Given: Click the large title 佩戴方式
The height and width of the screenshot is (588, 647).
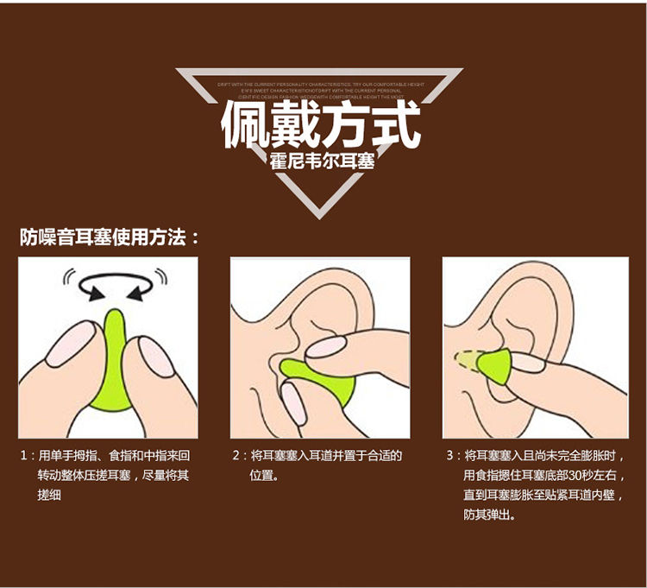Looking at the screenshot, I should [321, 126].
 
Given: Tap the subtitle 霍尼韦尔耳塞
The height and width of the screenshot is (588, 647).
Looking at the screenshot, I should [322, 161].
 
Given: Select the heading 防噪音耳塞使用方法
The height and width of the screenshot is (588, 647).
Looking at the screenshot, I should [108, 236].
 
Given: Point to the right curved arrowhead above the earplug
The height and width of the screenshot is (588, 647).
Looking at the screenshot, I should [138, 296].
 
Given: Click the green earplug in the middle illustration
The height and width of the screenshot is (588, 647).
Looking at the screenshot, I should [319, 380].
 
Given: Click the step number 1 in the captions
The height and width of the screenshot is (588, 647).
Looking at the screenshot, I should [23, 455].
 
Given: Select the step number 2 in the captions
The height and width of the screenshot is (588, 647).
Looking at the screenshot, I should [236, 455].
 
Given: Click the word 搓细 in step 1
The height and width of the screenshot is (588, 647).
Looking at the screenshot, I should [49, 496].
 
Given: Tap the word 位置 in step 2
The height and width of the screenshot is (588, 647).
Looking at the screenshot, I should [262, 475].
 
